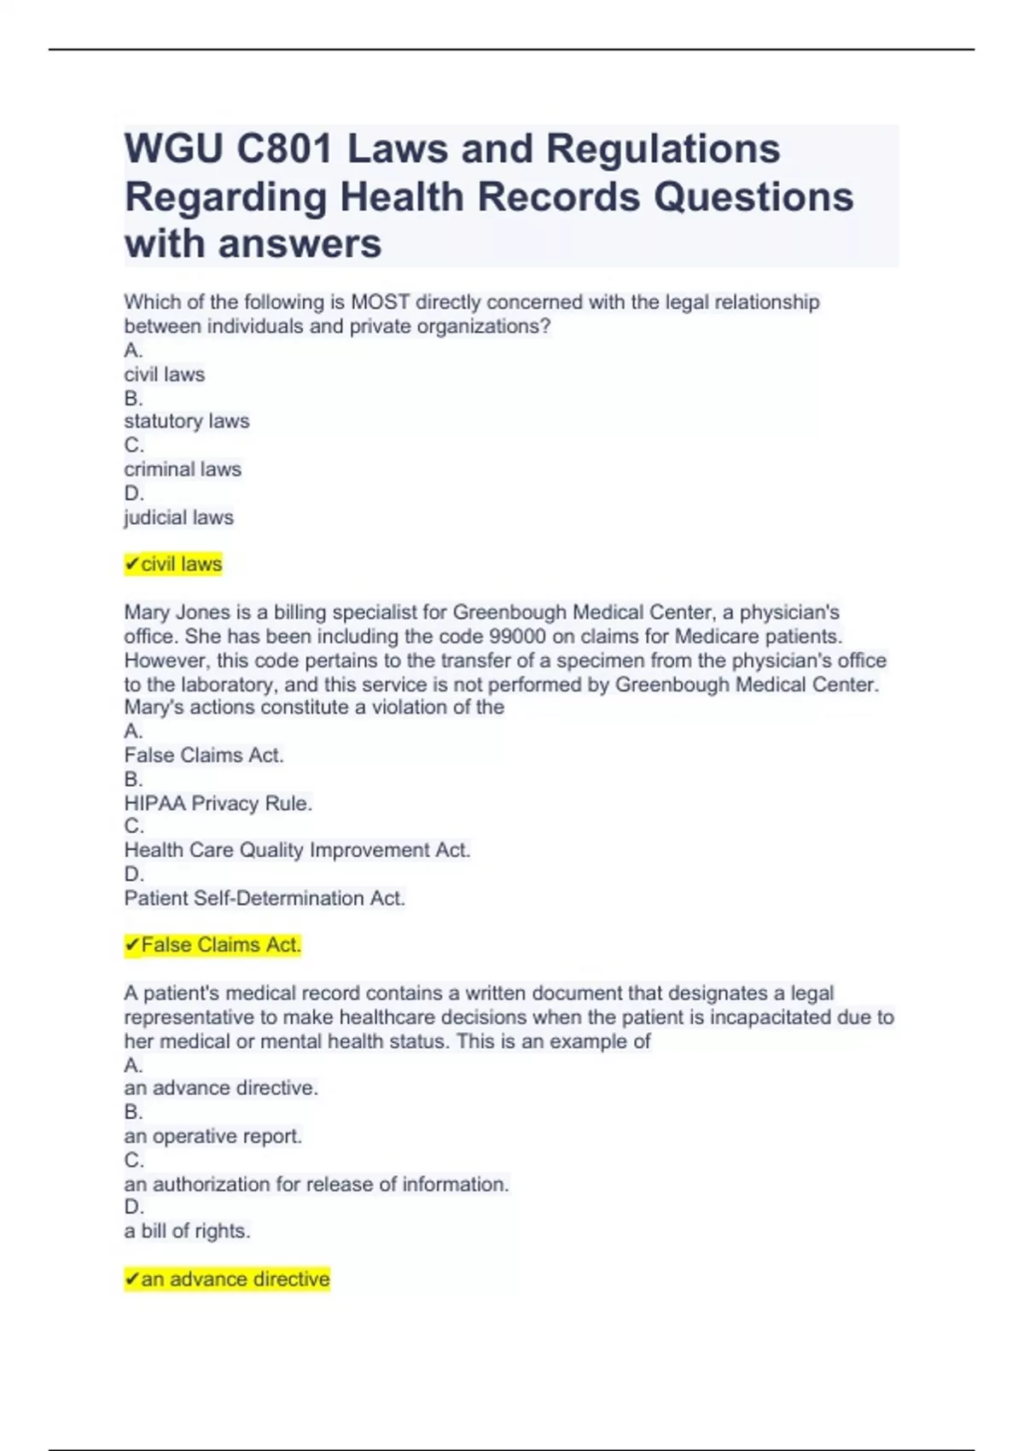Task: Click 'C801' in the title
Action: (x=284, y=149)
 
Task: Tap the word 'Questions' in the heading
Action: (x=753, y=197)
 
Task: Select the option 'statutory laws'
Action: (x=187, y=421)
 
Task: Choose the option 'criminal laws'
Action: (x=183, y=469)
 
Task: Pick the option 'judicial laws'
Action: (x=178, y=517)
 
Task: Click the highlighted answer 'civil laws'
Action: (x=181, y=564)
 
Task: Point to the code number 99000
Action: (x=516, y=637)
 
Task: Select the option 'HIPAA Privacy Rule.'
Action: (x=218, y=803)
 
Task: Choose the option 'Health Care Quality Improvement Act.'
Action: (x=297, y=850)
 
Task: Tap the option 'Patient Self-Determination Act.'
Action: (x=265, y=898)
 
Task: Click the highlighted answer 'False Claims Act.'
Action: (x=220, y=945)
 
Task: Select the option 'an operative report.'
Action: (x=212, y=1136)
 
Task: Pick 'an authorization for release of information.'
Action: (x=316, y=1184)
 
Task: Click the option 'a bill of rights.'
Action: (x=187, y=1231)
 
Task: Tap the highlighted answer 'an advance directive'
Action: (x=235, y=1279)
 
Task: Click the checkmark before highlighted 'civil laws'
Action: (x=132, y=564)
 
